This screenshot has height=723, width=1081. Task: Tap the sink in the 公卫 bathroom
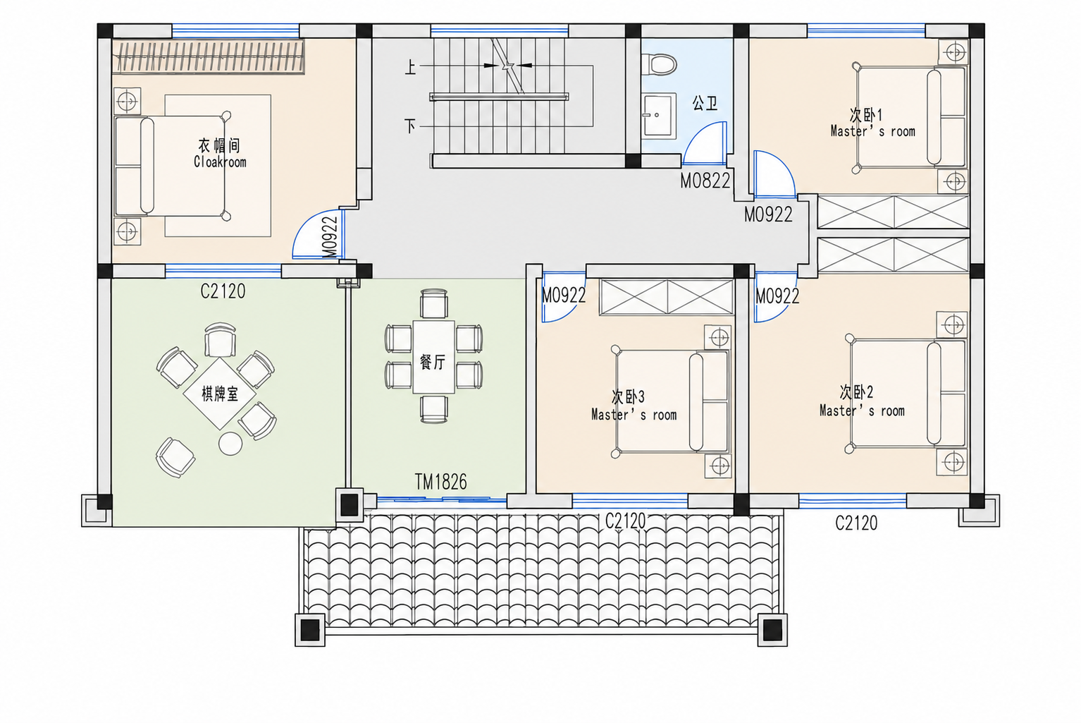(x=658, y=116)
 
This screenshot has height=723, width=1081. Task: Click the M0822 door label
(x=705, y=181)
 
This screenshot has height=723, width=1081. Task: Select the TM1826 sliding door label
(x=440, y=482)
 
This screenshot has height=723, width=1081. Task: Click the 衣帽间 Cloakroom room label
(x=220, y=153)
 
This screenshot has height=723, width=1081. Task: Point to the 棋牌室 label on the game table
(x=220, y=394)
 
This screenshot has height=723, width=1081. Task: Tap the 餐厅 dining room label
(x=433, y=362)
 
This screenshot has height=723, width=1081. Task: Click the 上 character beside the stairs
(x=409, y=67)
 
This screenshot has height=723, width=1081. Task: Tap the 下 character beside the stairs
(x=409, y=126)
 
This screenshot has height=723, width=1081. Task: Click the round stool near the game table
(x=230, y=444)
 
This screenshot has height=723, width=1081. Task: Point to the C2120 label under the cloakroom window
(x=223, y=291)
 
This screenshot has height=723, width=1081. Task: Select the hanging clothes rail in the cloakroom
(x=208, y=56)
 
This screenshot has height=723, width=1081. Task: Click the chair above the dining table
(x=434, y=303)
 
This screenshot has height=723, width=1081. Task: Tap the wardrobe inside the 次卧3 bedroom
(x=667, y=298)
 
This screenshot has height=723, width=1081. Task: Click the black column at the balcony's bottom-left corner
(x=310, y=630)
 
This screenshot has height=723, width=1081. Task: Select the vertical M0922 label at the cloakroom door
(x=329, y=237)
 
